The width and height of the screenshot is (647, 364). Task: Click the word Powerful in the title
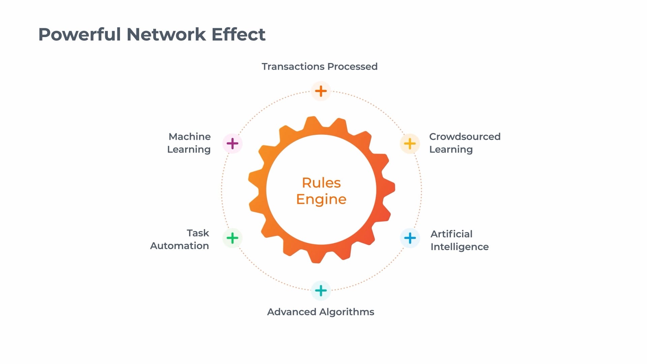click(x=80, y=34)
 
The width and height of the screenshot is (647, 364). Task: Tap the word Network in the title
click(x=166, y=34)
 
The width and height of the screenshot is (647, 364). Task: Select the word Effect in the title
click(x=239, y=34)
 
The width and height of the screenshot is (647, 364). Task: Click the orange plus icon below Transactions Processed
click(x=321, y=91)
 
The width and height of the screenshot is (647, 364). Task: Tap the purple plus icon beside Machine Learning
click(x=233, y=144)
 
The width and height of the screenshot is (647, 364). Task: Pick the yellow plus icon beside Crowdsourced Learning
click(x=410, y=144)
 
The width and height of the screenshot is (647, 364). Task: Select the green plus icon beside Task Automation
click(x=233, y=238)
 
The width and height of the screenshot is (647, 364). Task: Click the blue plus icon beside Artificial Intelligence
click(x=410, y=238)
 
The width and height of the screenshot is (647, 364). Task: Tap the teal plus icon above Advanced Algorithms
click(x=321, y=291)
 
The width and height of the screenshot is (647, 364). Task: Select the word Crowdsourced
click(x=465, y=136)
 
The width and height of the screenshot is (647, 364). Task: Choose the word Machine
click(x=190, y=136)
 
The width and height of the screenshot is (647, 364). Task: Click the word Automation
click(x=179, y=246)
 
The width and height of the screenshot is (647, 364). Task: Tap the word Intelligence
click(x=459, y=247)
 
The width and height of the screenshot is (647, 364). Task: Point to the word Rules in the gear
click(x=321, y=183)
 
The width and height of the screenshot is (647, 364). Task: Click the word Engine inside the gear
click(x=321, y=199)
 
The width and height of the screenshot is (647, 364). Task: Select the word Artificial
click(x=451, y=234)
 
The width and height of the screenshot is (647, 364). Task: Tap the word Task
click(x=198, y=233)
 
